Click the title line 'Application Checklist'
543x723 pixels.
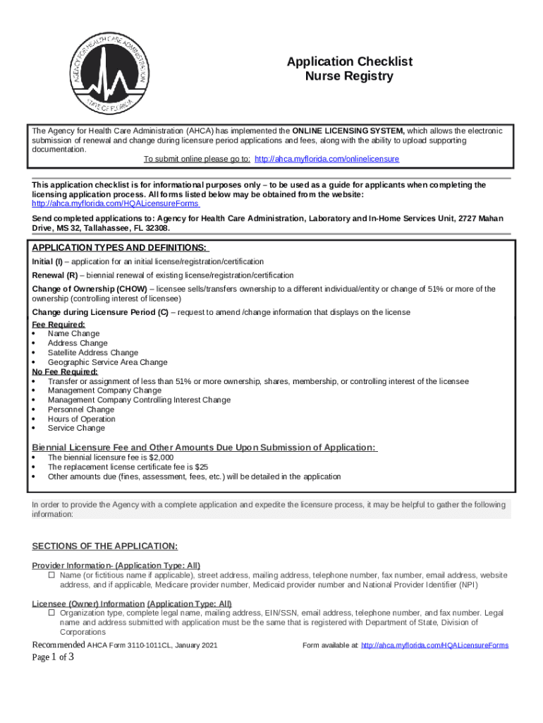349,62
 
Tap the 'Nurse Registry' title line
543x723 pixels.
349,76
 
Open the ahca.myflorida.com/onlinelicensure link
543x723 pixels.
327,160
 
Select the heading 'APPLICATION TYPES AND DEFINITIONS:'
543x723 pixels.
119,248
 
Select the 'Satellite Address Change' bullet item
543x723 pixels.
92,352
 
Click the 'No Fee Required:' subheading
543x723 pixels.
65,371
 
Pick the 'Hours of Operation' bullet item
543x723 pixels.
81,419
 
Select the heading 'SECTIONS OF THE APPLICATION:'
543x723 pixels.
105,546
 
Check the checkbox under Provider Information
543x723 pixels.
51,575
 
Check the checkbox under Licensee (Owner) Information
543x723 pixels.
51,614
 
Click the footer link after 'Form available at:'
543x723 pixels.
434,645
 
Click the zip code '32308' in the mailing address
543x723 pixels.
157,229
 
